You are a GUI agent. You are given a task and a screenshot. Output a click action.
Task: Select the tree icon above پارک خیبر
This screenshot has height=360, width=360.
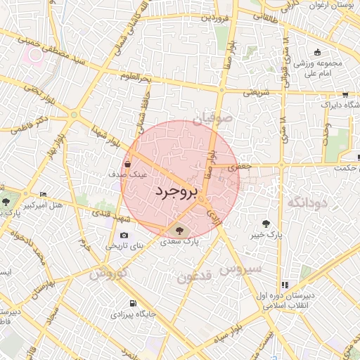265,223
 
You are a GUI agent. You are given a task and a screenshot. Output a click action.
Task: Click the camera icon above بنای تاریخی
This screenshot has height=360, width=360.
124,236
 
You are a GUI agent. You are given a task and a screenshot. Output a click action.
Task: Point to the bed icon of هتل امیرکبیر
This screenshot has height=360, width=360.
44,195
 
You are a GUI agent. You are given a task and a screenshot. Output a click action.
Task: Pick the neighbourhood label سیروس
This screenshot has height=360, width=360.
240,269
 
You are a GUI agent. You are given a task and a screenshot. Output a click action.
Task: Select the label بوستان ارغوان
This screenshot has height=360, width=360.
336,6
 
